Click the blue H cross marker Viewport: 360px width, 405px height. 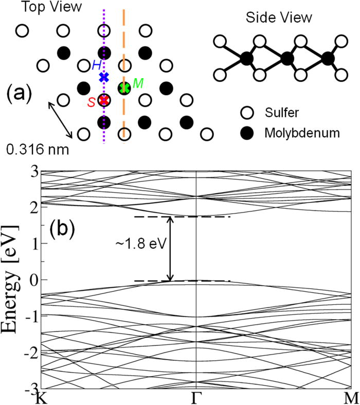click(x=104, y=78)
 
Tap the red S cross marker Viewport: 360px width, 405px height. click(x=104, y=100)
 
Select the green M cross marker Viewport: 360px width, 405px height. click(x=124, y=88)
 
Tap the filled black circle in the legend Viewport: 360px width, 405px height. click(x=248, y=133)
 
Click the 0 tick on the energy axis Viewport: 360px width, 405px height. click(x=32, y=280)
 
